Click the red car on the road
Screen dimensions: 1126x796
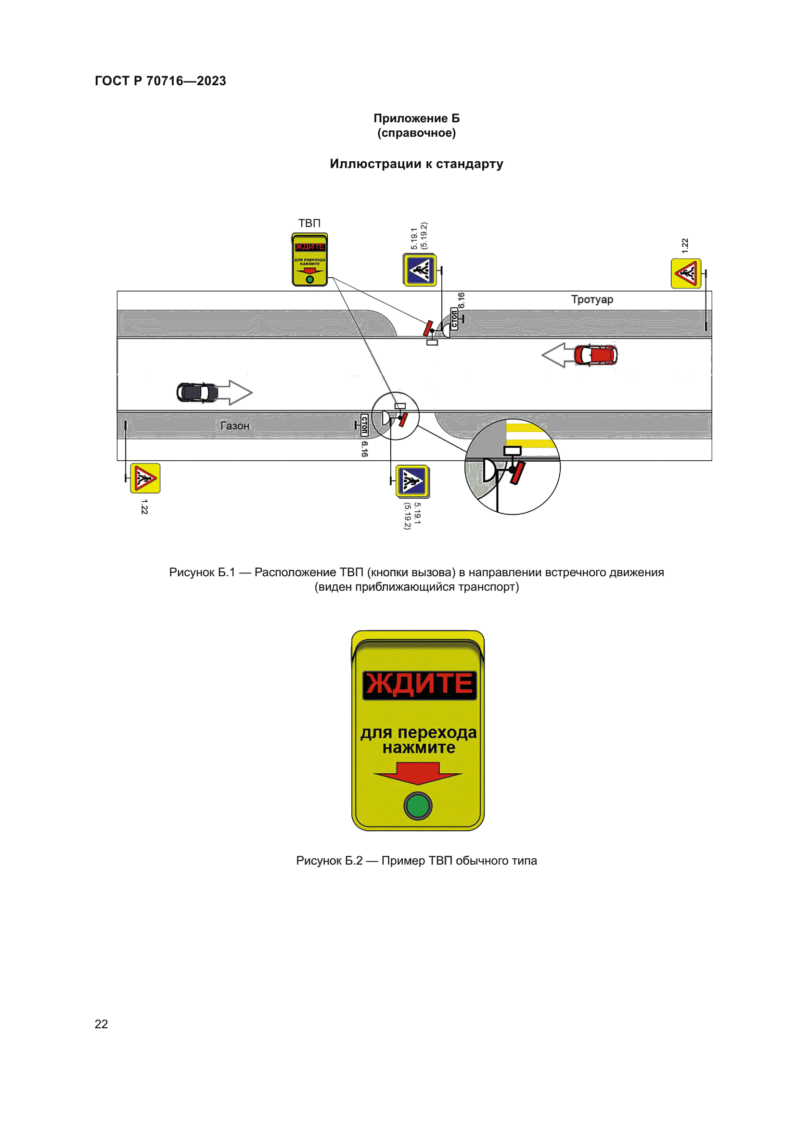coord(595,355)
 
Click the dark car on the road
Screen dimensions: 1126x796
coord(197,392)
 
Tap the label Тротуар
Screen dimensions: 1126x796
coord(591,299)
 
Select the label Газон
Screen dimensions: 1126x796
coord(235,426)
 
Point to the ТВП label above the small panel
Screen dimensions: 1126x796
coord(309,223)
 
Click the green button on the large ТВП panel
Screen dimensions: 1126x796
coord(418,805)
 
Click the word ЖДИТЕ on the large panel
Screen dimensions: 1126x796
coord(419,684)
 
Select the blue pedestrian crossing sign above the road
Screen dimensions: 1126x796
coord(420,270)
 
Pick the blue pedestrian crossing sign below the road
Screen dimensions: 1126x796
coord(412,481)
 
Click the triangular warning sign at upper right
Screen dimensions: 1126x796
coord(686,273)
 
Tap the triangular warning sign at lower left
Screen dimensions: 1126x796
coord(145,478)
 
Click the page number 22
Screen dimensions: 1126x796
coord(101,1024)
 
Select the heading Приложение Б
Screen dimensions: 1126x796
coord(416,118)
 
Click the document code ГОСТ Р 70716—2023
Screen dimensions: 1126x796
coord(160,81)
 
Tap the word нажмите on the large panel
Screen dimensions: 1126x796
coord(419,748)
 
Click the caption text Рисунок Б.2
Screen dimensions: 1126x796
coord(329,861)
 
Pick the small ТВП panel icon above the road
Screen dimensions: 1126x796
coord(309,259)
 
